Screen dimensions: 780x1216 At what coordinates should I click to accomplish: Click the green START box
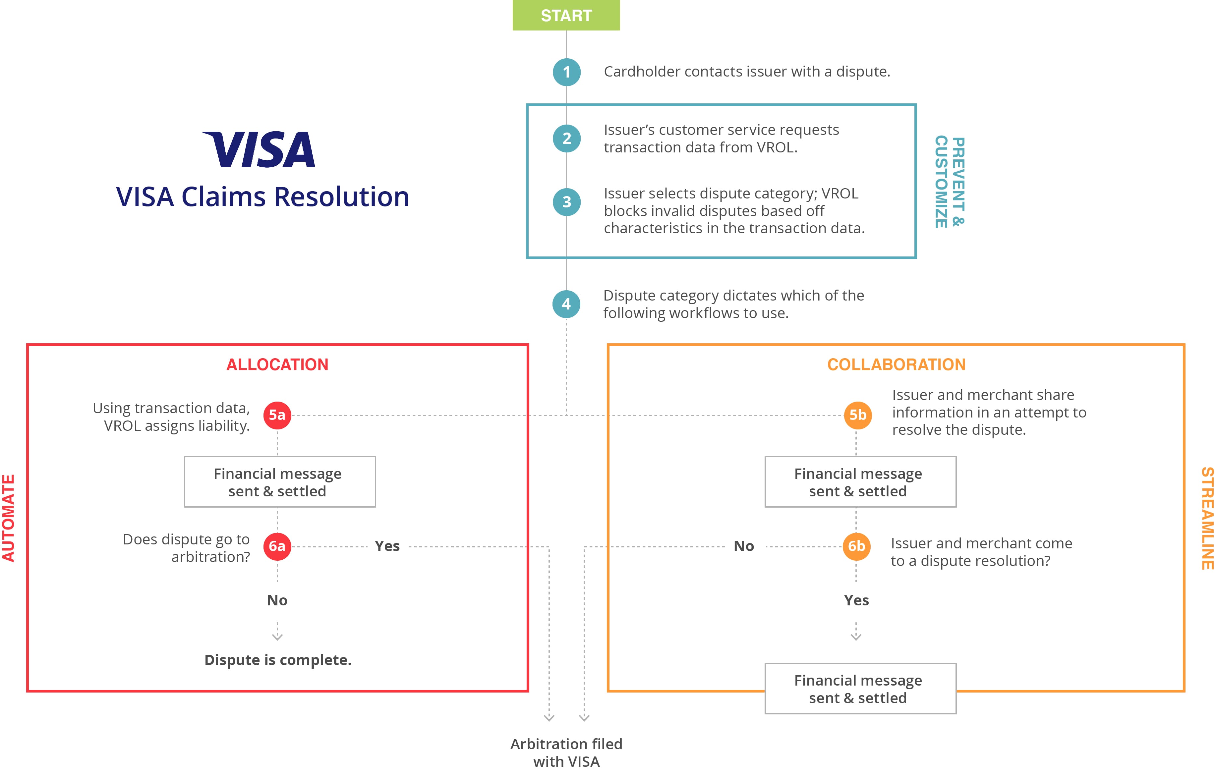[x=566, y=15]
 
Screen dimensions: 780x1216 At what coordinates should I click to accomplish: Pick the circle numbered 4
[x=566, y=304]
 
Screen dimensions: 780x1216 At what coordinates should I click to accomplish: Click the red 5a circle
[x=277, y=415]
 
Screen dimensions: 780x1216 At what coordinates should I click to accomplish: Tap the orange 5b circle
[x=857, y=415]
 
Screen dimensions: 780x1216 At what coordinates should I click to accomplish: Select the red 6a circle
[x=277, y=546]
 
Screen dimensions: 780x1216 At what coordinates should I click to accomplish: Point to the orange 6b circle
[x=856, y=546]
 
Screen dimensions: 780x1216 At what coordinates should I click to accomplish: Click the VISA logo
[x=259, y=149]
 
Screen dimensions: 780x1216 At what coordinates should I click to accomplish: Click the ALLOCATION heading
[x=277, y=365]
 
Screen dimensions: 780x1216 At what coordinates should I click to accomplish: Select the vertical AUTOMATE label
[x=9, y=518]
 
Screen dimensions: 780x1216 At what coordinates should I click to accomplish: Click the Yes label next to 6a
[x=387, y=546]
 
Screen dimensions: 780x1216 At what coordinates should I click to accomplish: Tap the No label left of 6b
[x=743, y=546]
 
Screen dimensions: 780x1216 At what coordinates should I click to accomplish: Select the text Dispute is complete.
[x=277, y=660]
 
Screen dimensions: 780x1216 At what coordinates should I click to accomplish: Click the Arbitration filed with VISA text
[x=566, y=752]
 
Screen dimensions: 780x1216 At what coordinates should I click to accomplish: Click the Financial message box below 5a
[x=280, y=482]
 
